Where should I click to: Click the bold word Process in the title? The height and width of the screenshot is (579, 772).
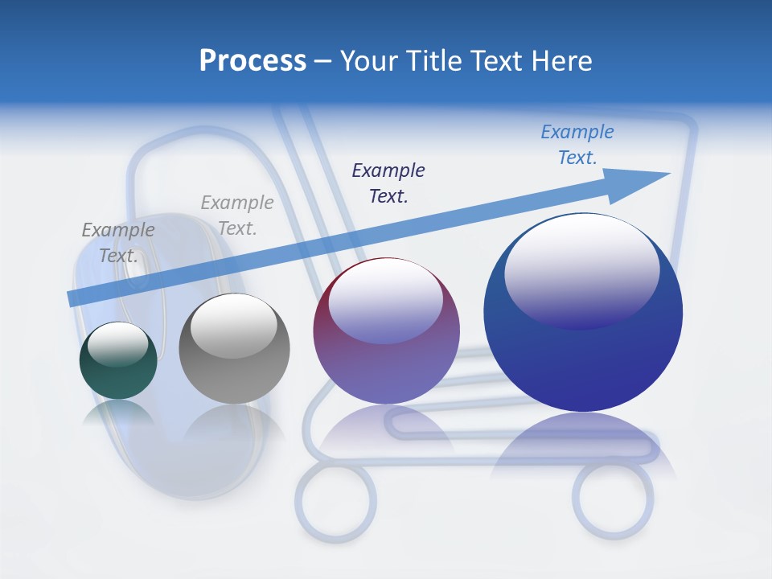point(253,61)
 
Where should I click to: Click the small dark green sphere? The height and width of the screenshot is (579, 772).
point(118,361)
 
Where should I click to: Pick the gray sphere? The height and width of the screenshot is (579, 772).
point(234,349)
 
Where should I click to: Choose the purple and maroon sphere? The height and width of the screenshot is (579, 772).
point(387,331)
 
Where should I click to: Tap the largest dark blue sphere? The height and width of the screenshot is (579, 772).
point(583,312)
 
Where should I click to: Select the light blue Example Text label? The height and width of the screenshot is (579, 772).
point(577,145)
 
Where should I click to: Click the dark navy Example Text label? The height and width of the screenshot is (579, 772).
point(388,183)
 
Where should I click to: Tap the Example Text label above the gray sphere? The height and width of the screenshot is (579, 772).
point(237,216)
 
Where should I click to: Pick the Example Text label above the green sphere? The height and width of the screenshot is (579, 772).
point(118,242)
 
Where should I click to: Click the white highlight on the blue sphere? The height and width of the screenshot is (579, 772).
point(581,269)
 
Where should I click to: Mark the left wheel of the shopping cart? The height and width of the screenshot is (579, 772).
point(335,503)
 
